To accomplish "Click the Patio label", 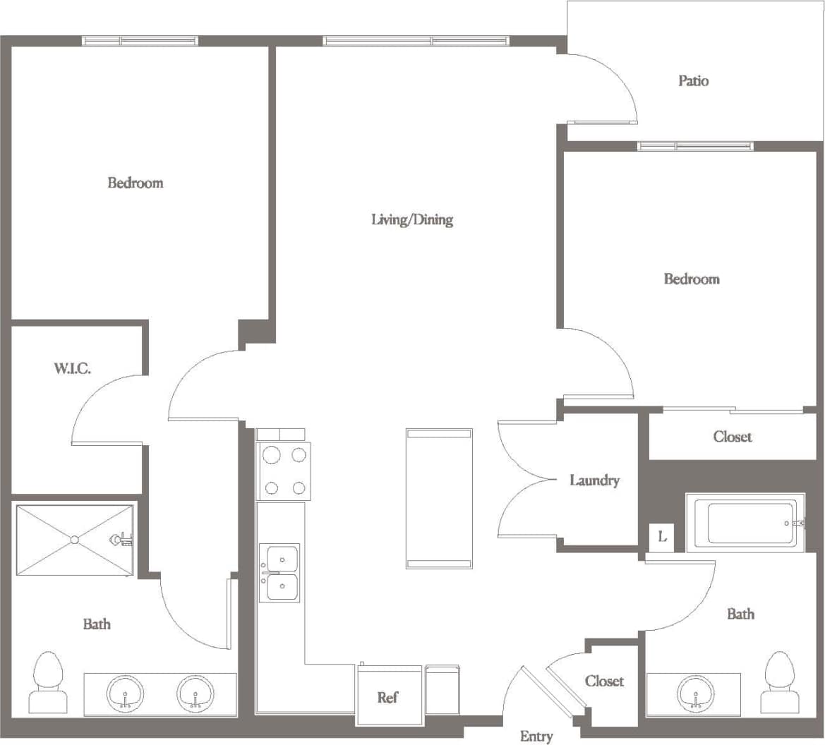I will point(693,81).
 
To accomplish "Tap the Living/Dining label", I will point(412,219).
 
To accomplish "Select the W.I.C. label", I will point(72,368).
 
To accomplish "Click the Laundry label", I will point(594,480).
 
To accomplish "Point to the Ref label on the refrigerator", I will point(387,697).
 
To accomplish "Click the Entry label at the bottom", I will point(536,736).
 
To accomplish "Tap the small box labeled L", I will point(662,537).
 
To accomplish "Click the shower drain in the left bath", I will point(75,540).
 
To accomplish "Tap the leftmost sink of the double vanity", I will point(125,694).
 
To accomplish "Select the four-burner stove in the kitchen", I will point(284,471).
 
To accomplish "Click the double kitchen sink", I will point(279,572).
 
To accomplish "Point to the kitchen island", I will point(439,498).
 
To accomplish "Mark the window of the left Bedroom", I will point(140,41).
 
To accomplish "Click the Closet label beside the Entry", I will point(604,681).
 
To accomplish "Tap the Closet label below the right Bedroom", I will point(732,437).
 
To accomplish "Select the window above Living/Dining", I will point(415,41).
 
